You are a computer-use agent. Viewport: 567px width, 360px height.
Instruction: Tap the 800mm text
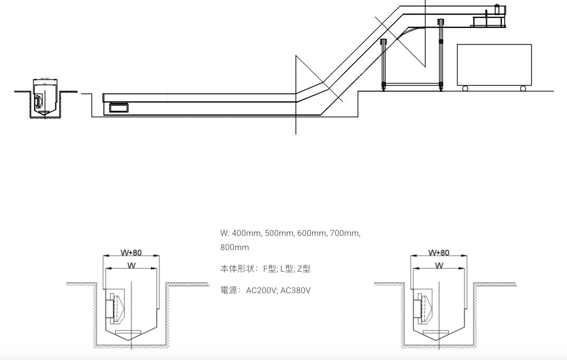pyautogui.click(x=235, y=247)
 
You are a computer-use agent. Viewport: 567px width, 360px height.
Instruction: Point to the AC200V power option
pyautogui.click(x=261, y=290)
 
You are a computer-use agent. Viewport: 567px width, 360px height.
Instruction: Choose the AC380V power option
pyautogui.click(x=296, y=290)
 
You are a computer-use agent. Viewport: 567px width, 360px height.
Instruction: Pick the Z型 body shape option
pyautogui.click(x=304, y=269)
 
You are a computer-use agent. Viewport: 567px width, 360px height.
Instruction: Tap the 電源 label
pyautogui.click(x=229, y=290)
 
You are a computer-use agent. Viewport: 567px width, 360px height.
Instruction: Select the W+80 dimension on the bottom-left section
pyautogui.click(x=131, y=253)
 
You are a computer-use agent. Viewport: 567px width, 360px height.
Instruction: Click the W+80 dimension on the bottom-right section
pyautogui.click(x=439, y=253)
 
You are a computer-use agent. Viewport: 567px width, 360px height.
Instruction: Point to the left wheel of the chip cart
pyautogui.click(x=465, y=88)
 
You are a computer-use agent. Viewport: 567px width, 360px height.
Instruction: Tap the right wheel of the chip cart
pyautogui.click(x=523, y=88)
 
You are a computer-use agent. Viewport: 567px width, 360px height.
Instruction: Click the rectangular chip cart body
pyautogui.click(x=494, y=64)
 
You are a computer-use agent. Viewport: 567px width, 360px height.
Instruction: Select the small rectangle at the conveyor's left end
pyautogui.click(x=118, y=108)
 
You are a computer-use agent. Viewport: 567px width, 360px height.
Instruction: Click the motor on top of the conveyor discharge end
pyautogui.click(x=498, y=11)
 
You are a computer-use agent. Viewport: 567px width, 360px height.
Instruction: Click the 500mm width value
pyautogui.click(x=279, y=233)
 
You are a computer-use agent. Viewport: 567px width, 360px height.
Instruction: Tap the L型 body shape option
pyautogui.click(x=287, y=269)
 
